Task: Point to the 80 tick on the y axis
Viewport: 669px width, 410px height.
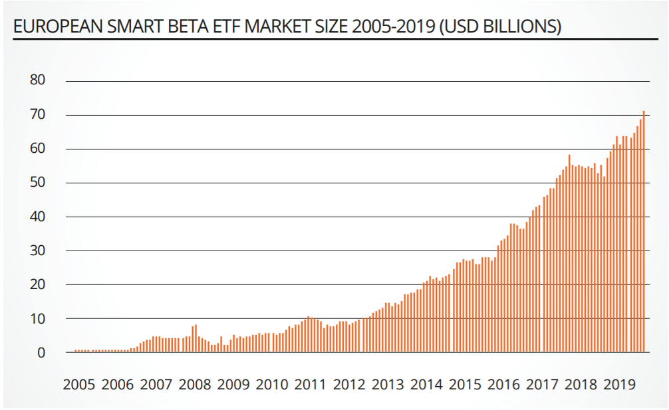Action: [x=37, y=80]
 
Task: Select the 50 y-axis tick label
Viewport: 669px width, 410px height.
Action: [x=37, y=183]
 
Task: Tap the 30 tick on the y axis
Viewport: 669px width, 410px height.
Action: [x=37, y=251]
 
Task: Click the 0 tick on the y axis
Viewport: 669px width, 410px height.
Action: [x=41, y=352]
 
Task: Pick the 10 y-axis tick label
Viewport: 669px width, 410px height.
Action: [x=37, y=318]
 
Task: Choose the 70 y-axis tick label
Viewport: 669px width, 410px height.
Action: [x=37, y=114]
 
